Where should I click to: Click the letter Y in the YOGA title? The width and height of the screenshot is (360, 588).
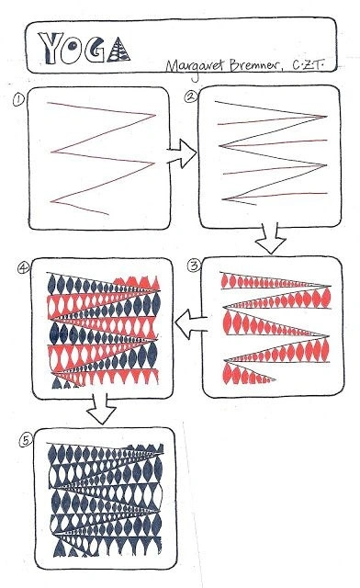point(51,48)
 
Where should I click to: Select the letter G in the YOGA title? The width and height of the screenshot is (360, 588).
point(95,50)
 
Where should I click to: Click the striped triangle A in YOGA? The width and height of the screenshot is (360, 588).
point(118,50)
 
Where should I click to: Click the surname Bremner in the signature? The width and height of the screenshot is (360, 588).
point(254,65)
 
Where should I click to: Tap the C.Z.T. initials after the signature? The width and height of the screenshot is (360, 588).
point(308,65)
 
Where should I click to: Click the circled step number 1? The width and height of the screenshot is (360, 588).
point(18,100)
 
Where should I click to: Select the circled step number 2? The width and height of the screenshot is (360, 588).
point(190,96)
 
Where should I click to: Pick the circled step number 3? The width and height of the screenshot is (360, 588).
point(194,266)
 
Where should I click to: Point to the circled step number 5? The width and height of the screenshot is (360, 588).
point(26,440)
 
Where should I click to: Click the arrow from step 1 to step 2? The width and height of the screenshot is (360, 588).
point(182,153)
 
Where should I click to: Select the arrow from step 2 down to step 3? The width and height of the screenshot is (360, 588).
point(271,238)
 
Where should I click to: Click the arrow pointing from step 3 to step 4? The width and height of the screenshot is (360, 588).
point(191,324)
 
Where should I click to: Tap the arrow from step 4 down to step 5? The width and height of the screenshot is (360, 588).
point(102,408)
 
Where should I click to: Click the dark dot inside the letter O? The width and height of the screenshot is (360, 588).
point(73,45)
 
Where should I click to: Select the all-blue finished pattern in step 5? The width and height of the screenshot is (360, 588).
point(107,500)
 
